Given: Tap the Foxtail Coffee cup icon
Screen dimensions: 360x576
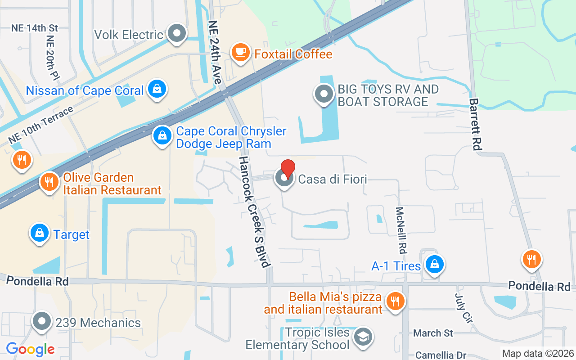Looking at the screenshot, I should pos(241,52).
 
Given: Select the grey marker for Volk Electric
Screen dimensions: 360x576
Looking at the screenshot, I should pos(177,33).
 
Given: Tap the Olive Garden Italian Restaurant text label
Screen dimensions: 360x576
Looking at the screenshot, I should pos(112,184).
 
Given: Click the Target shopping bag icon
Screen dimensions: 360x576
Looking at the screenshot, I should pos(40,233).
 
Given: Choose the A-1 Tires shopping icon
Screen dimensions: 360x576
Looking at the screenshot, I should pos(435,264).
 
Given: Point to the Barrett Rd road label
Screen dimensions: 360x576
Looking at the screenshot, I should pos(476,125).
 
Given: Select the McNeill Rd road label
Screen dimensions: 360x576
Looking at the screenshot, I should pos(401,229).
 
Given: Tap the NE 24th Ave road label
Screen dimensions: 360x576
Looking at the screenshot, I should pos(215,52).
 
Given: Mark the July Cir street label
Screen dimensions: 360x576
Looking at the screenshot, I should pos(464,308).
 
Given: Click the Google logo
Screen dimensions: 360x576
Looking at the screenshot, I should pos(30,349).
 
